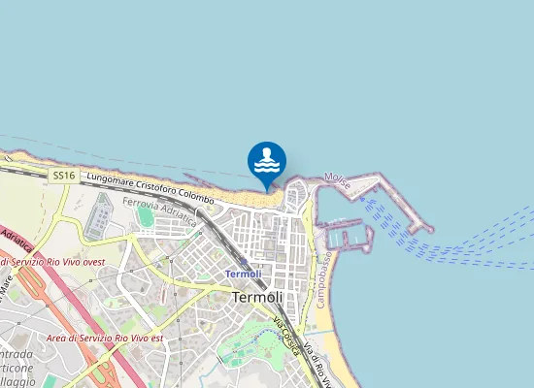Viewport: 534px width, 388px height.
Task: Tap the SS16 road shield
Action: (x=64, y=176)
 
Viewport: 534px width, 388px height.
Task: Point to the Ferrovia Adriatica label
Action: (x=159, y=212)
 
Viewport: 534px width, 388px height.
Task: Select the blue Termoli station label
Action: (x=243, y=274)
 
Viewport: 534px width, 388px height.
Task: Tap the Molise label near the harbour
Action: (x=337, y=179)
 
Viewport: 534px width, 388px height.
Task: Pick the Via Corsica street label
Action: (x=284, y=334)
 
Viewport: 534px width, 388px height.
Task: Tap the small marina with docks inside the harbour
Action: (x=349, y=236)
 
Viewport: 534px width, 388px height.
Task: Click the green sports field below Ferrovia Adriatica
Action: (x=146, y=217)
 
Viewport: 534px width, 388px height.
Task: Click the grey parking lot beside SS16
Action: (x=97, y=215)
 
